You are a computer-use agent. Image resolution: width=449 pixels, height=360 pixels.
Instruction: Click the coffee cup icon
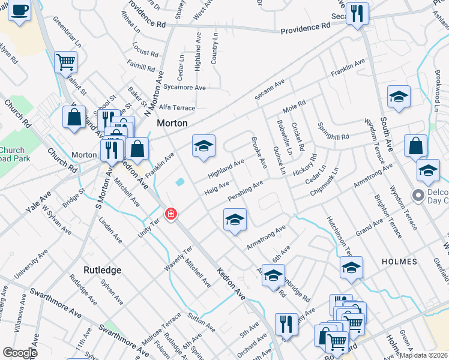pos(19,11)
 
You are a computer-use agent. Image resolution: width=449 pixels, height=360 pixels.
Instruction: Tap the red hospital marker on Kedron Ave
pos(171,214)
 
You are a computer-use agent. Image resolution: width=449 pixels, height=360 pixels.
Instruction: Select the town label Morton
pos(172,123)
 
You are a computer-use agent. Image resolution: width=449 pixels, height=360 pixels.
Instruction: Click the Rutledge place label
pos(103,270)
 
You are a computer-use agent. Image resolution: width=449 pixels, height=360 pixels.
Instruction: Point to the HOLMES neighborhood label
pos(399,262)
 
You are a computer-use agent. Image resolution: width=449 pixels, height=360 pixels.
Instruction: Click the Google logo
pos(19,353)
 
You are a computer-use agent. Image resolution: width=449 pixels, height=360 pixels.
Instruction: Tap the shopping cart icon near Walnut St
pos(65,61)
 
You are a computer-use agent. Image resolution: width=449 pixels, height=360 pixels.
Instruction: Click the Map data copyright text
pos(423,355)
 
